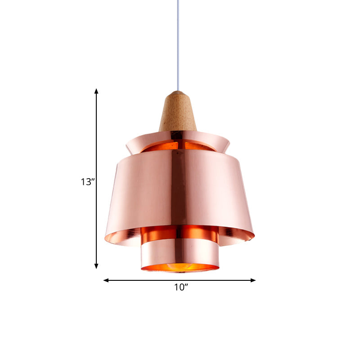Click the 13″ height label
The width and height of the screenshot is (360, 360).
click(87, 182)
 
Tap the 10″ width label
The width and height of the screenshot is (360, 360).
click(181, 288)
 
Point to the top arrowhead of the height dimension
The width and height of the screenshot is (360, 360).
click(96, 91)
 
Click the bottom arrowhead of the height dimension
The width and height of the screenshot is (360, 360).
click(96, 266)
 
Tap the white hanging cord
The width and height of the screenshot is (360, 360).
click(179, 45)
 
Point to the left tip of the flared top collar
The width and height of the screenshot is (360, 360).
click(126, 143)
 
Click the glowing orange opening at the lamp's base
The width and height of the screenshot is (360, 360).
click(180, 268)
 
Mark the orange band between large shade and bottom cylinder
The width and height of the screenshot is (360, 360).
click(180, 233)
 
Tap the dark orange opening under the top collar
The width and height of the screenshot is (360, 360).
click(180, 146)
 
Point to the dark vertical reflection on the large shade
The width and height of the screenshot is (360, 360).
click(178, 189)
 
